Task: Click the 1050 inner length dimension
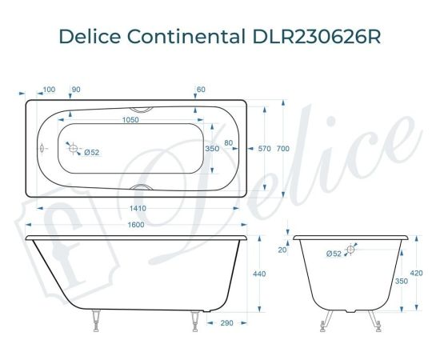(x=130, y=120)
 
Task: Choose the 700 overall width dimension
(x=294, y=148)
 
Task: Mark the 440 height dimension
(x=258, y=274)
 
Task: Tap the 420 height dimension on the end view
(x=416, y=274)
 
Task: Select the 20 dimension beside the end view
(x=282, y=250)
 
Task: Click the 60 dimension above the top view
(x=200, y=89)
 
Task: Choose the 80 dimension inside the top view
(x=229, y=143)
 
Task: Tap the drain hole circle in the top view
(x=72, y=149)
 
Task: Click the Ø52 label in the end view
(x=334, y=253)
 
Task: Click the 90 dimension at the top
(x=77, y=89)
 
